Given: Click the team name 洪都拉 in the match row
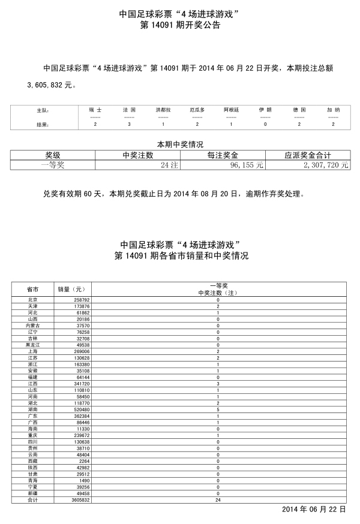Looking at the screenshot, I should [x=163, y=110].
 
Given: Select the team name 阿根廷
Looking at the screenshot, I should [x=232, y=110].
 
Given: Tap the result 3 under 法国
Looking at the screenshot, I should [x=129, y=124].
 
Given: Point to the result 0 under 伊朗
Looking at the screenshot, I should [x=265, y=124].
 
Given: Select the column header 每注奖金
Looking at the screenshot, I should [x=223, y=155].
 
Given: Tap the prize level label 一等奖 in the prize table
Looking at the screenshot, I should [x=52, y=165].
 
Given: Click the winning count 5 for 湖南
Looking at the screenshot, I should [x=218, y=410].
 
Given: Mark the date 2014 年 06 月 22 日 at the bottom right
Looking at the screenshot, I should [x=313, y=508].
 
